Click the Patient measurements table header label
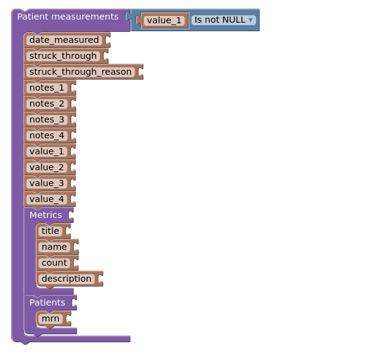coord(67,17)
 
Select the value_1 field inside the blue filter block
coord(164,20)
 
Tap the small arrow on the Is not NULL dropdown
coord(251,20)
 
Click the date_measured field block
coord(64,40)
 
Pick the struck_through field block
coord(62,56)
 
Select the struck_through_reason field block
coord(80,72)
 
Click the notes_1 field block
coord(47,88)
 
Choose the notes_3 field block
coord(47,120)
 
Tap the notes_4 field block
coord(47,136)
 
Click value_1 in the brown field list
coord(47,152)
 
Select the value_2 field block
coord(47,168)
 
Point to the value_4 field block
coord(47,200)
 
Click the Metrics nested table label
coord(46,215)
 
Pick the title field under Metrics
coord(50,231)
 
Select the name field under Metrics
coord(54,247)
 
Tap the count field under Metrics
coord(54,263)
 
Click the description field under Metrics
coord(66,279)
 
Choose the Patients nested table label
coord(47,302)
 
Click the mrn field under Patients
coord(50,319)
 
